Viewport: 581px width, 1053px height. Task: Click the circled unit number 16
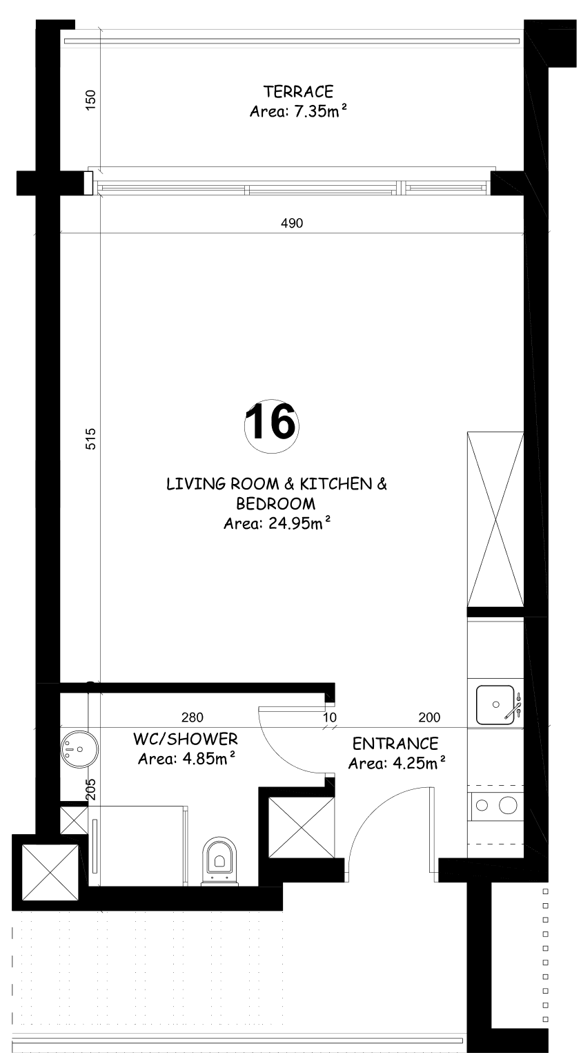(x=271, y=426)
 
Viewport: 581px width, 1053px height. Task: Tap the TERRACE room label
(x=298, y=92)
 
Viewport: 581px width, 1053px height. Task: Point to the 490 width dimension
(x=292, y=223)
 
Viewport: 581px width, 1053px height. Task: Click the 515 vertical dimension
(x=90, y=438)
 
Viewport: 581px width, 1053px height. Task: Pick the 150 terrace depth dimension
(x=90, y=100)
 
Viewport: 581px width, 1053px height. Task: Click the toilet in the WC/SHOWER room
(x=219, y=862)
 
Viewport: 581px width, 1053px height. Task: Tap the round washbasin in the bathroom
(x=79, y=749)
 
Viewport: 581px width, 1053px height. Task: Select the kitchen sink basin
(x=495, y=705)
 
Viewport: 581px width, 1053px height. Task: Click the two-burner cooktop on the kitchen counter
(x=496, y=806)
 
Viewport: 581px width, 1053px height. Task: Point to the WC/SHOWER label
(x=186, y=739)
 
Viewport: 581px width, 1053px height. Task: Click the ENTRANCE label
(x=395, y=744)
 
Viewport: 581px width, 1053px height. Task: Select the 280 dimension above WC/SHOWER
(x=192, y=717)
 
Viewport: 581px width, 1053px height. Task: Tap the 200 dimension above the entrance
(x=429, y=717)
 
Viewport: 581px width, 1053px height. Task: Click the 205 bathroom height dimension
(x=90, y=789)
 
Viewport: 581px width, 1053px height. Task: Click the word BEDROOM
(x=276, y=504)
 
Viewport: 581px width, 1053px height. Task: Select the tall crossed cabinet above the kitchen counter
(x=495, y=519)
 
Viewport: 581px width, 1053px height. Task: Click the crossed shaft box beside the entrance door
(x=301, y=827)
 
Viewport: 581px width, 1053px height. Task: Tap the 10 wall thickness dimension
(x=331, y=717)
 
